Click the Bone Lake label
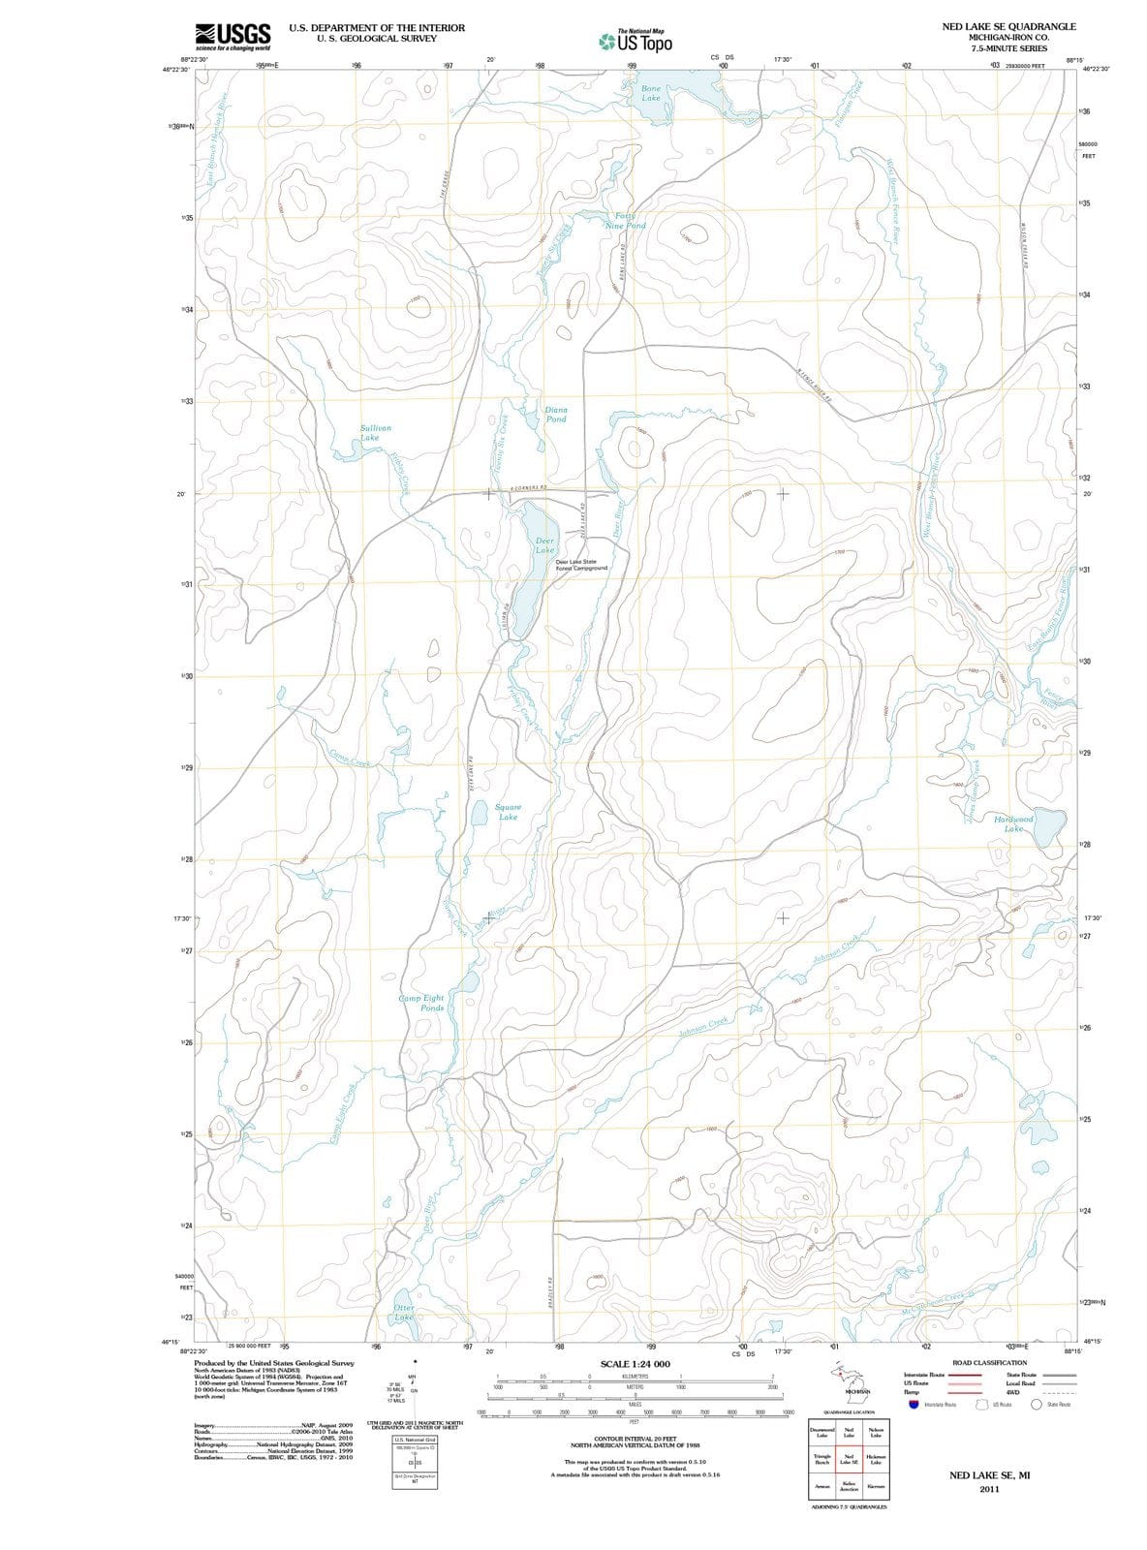(651, 93)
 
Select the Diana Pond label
(556, 415)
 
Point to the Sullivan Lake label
(375, 432)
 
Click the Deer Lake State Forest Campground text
(581, 565)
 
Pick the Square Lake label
(508, 812)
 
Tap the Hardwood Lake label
(1013, 823)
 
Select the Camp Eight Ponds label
(421, 1003)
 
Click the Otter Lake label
(404, 1313)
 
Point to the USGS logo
(232, 37)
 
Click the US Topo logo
(635, 42)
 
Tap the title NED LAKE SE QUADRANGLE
(1008, 26)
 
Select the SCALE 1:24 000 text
(635, 1364)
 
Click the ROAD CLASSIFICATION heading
(989, 1362)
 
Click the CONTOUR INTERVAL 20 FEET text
(635, 1439)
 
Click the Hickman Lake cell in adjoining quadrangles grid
(876, 1460)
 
